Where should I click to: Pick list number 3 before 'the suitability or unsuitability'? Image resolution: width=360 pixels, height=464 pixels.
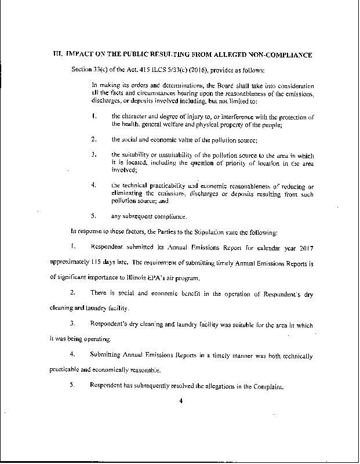(93, 155)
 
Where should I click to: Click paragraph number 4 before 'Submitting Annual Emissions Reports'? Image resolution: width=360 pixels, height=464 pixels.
(72, 354)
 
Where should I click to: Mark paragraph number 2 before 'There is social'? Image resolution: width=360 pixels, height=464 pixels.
(72, 295)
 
